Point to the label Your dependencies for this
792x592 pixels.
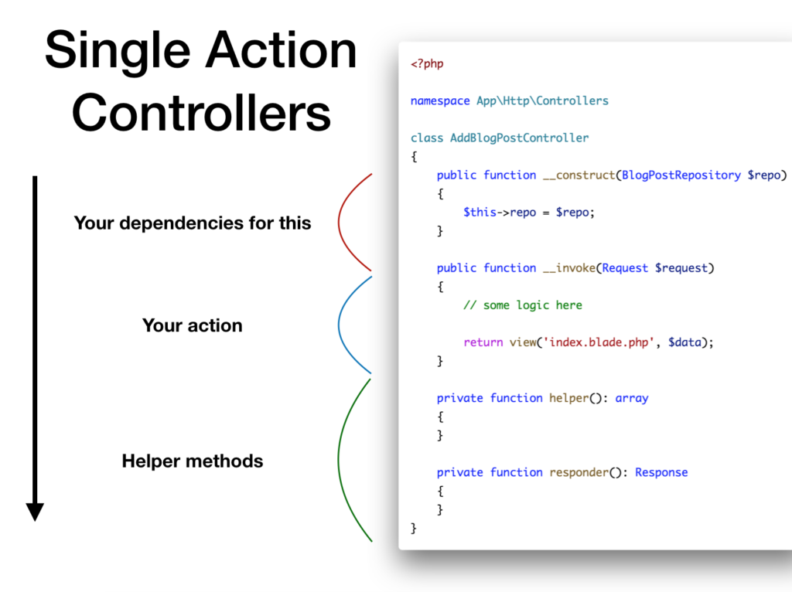tap(193, 223)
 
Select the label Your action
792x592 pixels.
tap(193, 325)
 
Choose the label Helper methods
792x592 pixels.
tap(193, 461)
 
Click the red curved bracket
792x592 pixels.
tap(339, 222)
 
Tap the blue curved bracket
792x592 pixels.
tap(339, 325)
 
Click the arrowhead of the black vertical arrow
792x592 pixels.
tap(35, 512)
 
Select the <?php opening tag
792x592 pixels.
tap(427, 64)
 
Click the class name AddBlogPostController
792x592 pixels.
tap(519, 138)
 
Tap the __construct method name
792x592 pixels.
tap(579, 175)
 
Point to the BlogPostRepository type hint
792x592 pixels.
tap(681, 175)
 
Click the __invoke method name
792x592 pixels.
tap(569, 268)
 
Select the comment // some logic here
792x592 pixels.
tap(523, 305)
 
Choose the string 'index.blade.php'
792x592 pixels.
tap(599, 342)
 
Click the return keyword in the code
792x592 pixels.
tap(483, 342)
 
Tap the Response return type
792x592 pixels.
tap(661, 472)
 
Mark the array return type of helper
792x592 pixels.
tap(631, 398)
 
